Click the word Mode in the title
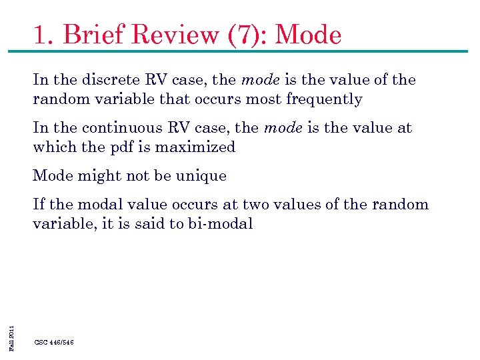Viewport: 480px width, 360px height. click(x=307, y=35)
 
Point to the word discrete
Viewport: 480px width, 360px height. click(x=115, y=80)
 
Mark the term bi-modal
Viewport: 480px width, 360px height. click(x=221, y=224)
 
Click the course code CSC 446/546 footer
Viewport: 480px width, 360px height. click(x=54, y=342)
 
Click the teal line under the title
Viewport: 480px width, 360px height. click(x=240, y=51)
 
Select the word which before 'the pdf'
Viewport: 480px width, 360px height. click(x=55, y=147)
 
